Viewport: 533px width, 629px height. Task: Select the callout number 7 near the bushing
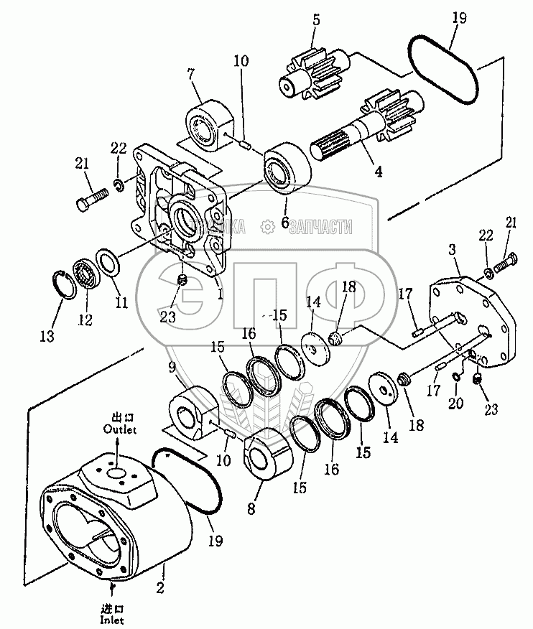click(191, 75)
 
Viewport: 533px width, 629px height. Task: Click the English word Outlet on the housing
click(119, 429)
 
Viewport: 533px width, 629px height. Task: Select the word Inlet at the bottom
click(112, 615)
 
